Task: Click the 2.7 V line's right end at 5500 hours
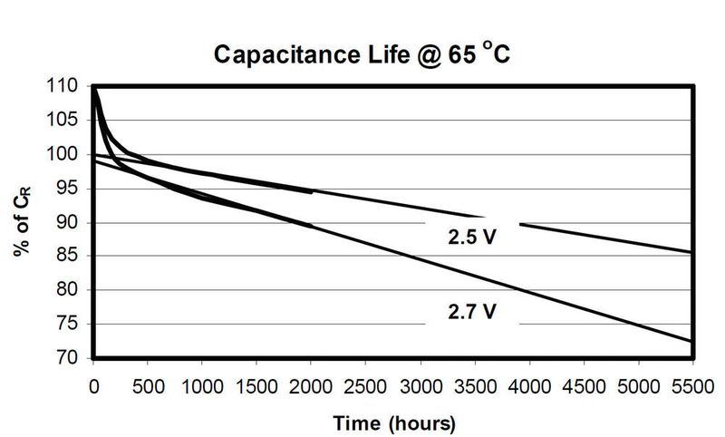pos(692,341)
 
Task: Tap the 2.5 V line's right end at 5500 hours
pos(692,252)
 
